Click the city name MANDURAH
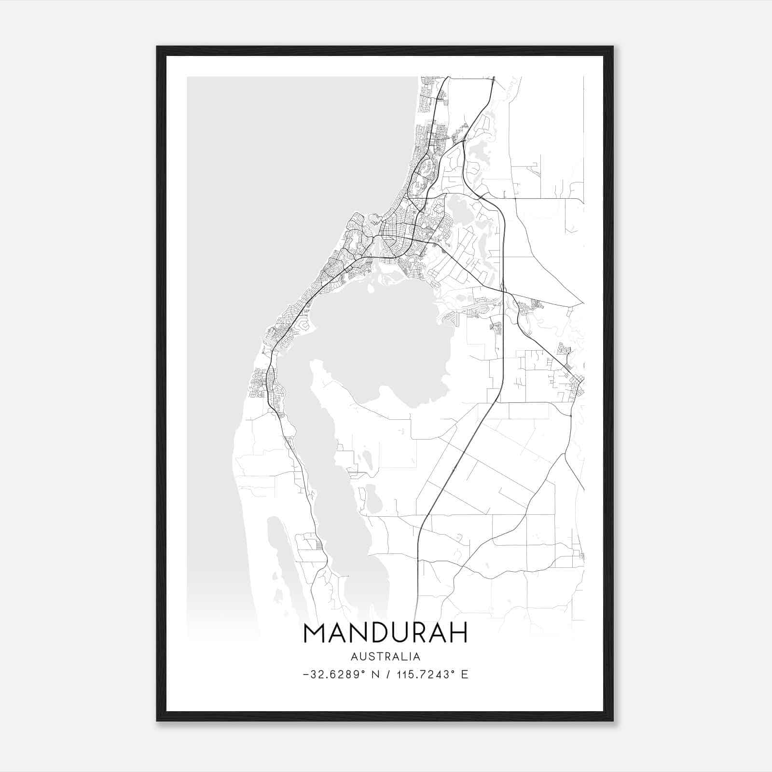click(x=386, y=633)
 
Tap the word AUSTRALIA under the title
click(x=386, y=657)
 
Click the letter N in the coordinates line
click(x=374, y=675)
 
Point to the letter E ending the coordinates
click(x=465, y=675)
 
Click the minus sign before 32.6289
click(x=306, y=675)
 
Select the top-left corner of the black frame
click(x=158, y=47)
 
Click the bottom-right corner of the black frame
click(x=612, y=720)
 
